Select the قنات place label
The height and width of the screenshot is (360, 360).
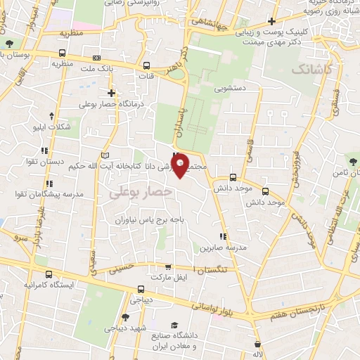[x=148, y=76]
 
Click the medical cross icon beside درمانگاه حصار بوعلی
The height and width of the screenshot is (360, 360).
[x=111, y=93]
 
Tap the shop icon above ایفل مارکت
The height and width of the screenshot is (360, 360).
[x=167, y=266]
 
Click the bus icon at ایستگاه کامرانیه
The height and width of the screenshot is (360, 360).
[x=47, y=274]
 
